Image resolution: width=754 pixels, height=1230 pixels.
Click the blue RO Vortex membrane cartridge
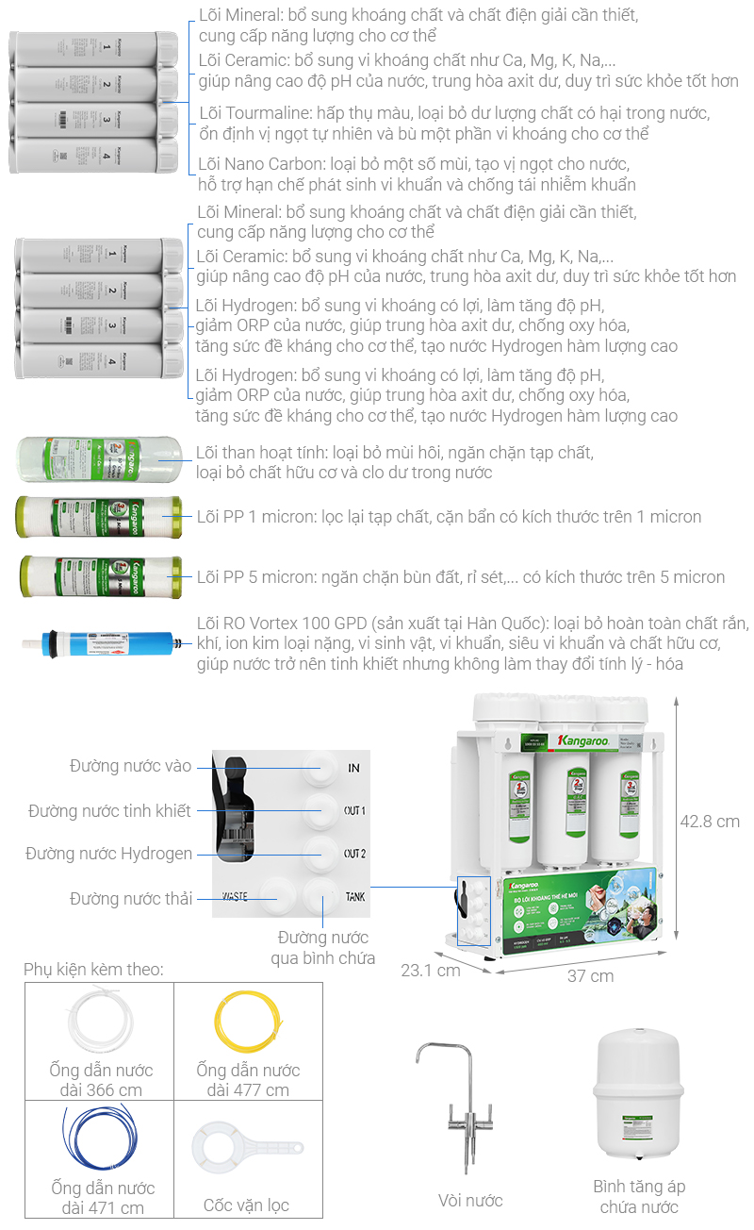(x=104, y=645)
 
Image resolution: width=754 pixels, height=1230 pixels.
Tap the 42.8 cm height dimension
(x=710, y=821)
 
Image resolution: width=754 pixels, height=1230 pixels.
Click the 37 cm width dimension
(x=590, y=975)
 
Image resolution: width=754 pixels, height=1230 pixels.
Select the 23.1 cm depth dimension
(x=430, y=969)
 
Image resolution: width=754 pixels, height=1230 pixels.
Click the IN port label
(x=354, y=768)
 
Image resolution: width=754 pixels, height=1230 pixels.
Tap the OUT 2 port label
(x=354, y=854)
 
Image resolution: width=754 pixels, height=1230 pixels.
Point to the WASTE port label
(x=235, y=896)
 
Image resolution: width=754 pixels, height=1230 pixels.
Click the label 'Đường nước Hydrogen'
(x=108, y=854)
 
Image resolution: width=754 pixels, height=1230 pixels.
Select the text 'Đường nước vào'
(x=130, y=766)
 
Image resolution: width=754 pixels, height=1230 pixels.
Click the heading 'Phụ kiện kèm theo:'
(x=93, y=969)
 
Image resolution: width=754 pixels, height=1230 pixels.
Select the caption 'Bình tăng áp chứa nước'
(x=639, y=1196)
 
